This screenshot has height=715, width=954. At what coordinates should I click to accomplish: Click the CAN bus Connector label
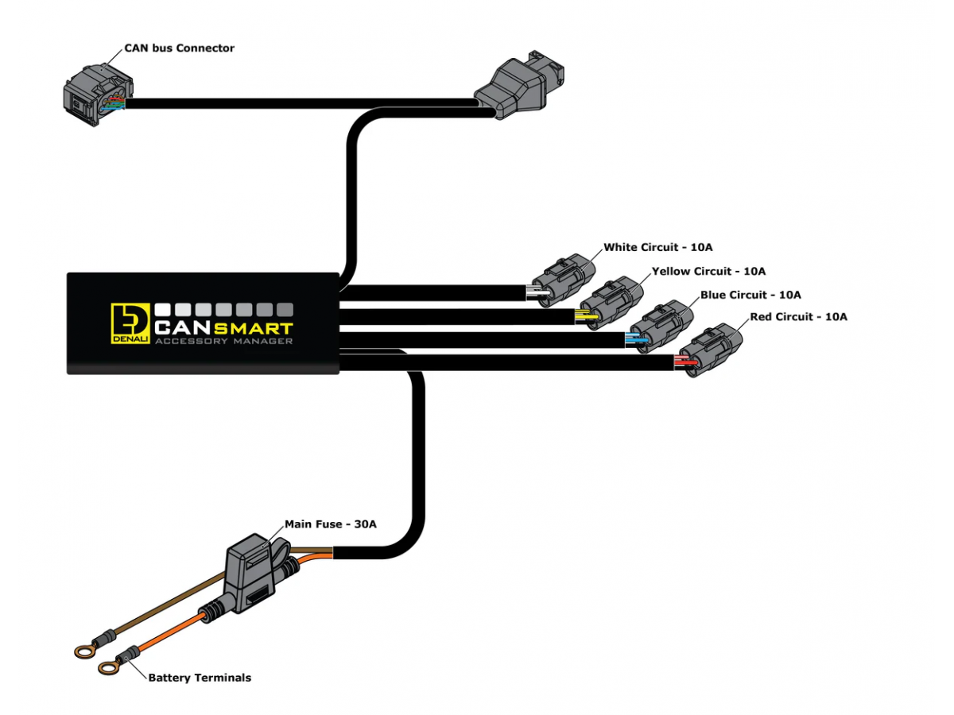179,48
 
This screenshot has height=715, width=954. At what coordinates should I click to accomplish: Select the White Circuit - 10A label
652,247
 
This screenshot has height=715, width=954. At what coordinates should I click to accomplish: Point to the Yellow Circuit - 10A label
708,271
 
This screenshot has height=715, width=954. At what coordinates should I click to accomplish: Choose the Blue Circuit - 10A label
750,295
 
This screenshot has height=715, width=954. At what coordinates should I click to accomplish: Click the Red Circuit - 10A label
798,316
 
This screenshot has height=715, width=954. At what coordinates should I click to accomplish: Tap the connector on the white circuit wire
563,279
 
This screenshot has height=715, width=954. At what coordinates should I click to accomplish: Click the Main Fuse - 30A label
330,524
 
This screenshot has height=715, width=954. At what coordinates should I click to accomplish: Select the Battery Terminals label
200,678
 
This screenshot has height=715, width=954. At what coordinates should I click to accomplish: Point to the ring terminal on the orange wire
108,668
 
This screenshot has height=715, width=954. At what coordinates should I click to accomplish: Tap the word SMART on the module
252,328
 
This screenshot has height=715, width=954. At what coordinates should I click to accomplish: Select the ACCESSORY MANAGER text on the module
223,342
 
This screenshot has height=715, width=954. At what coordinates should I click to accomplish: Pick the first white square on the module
164,308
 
